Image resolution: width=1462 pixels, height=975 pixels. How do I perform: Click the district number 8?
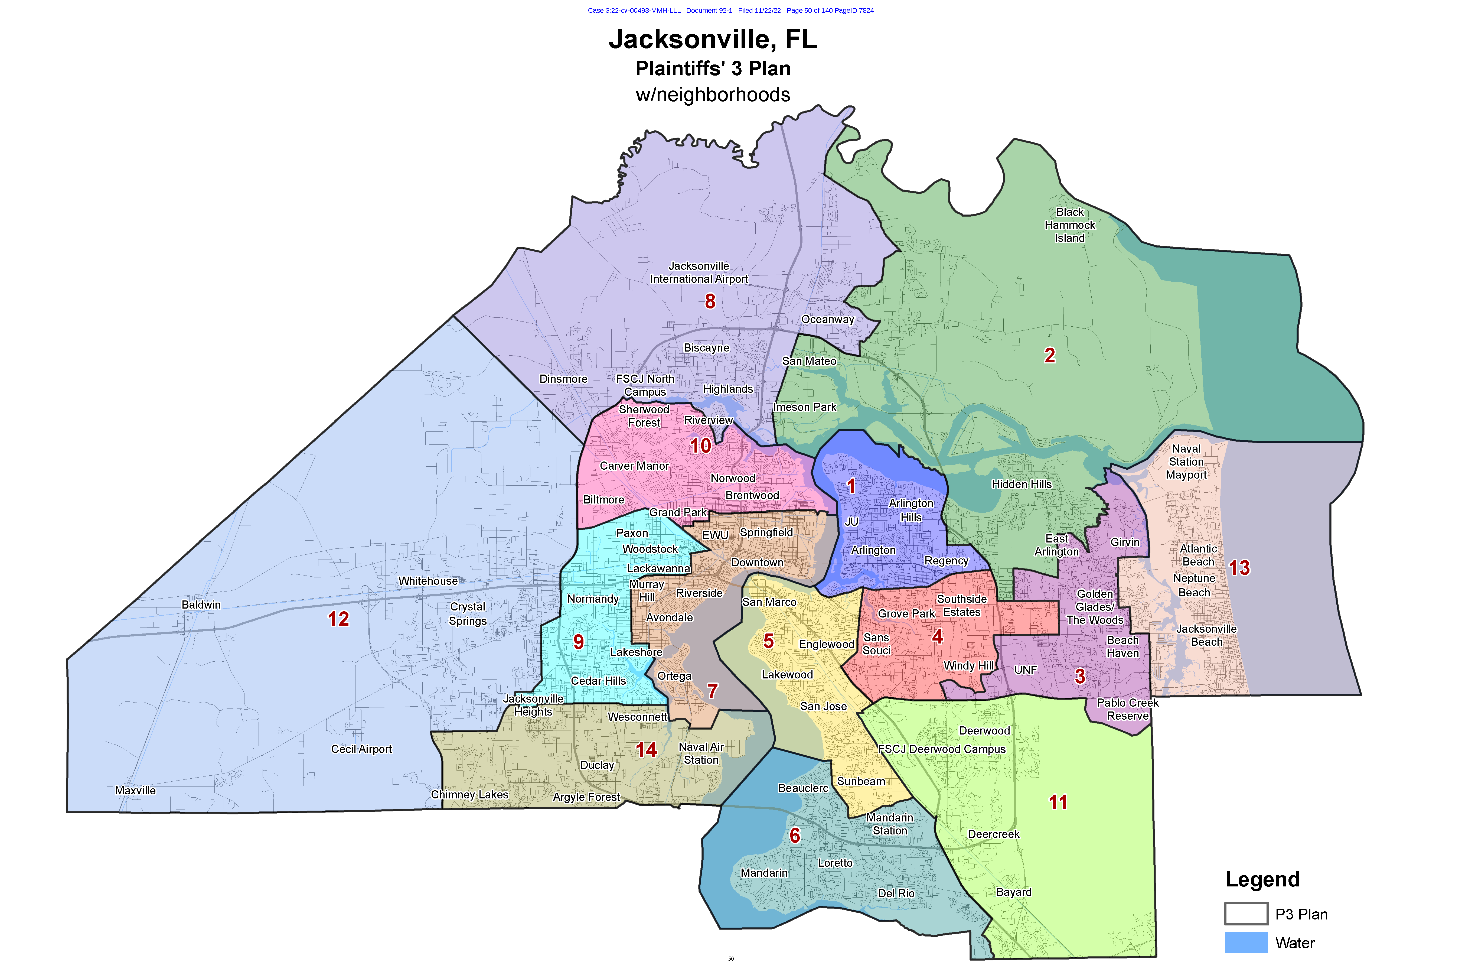pyautogui.click(x=710, y=302)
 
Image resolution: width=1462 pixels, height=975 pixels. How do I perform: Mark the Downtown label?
pyautogui.click(x=757, y=563)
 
